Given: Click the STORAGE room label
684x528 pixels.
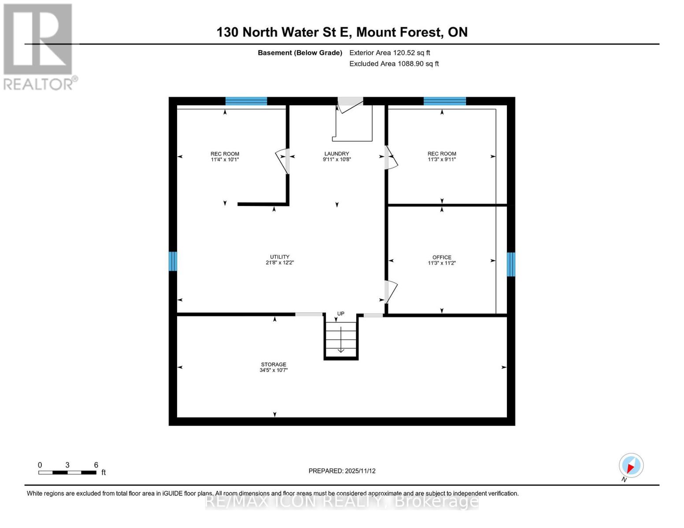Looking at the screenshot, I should point(274,367).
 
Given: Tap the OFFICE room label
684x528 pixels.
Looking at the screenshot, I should point(442,260).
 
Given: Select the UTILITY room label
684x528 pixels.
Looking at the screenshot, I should point(280,260).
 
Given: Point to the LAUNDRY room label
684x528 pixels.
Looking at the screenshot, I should point(336,157).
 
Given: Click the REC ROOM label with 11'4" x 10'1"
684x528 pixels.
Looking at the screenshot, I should point(225,157).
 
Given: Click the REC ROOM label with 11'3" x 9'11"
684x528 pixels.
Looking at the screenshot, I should point(442,157).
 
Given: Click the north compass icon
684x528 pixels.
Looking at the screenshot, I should point(631,466).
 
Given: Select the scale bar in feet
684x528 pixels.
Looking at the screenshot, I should point(67,472).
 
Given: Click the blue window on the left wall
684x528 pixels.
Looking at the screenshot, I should point(173,261).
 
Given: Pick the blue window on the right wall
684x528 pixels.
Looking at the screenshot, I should point(511,264).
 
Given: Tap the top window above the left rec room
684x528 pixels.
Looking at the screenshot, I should point(246,101).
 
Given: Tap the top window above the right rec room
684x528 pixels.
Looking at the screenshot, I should point(444,101).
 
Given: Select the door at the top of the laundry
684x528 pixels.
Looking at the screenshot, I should point(350,104).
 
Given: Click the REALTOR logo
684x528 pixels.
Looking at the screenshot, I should point(39,46).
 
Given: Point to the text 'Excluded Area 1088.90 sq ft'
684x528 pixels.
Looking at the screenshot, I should point(394,64).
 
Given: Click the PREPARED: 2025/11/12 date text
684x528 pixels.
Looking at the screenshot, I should point(342,471).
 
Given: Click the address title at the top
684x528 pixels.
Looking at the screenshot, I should point(342,32).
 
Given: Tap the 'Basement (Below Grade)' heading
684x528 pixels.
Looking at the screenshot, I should point(299,53).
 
